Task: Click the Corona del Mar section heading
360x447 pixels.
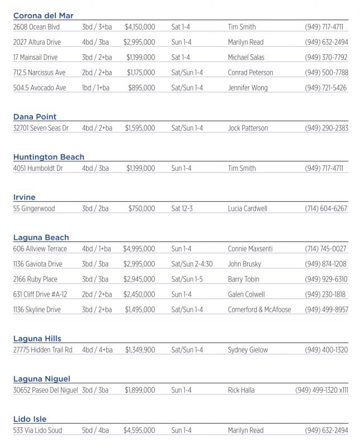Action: point(43,16)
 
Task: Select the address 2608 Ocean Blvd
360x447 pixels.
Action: point(36,27)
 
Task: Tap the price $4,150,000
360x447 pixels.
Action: point(140,27)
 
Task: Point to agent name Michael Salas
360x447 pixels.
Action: point(246,57)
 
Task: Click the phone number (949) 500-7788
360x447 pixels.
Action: point(326,73)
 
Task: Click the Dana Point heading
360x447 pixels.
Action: point(35,117)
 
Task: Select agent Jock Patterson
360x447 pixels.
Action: point(248,128)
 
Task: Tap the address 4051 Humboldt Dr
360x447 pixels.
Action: point(38,168)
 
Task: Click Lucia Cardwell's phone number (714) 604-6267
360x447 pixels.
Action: point(326,208)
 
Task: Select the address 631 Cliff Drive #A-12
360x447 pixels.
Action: point(40,294)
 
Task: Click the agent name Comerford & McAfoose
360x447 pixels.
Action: point(259,310)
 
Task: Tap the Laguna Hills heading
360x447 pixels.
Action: point(37,339)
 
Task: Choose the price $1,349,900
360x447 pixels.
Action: point(140,350)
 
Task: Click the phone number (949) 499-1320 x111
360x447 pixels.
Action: point(321,390)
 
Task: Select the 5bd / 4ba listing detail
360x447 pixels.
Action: point(95,430)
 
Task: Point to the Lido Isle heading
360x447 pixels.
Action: point(30,419)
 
